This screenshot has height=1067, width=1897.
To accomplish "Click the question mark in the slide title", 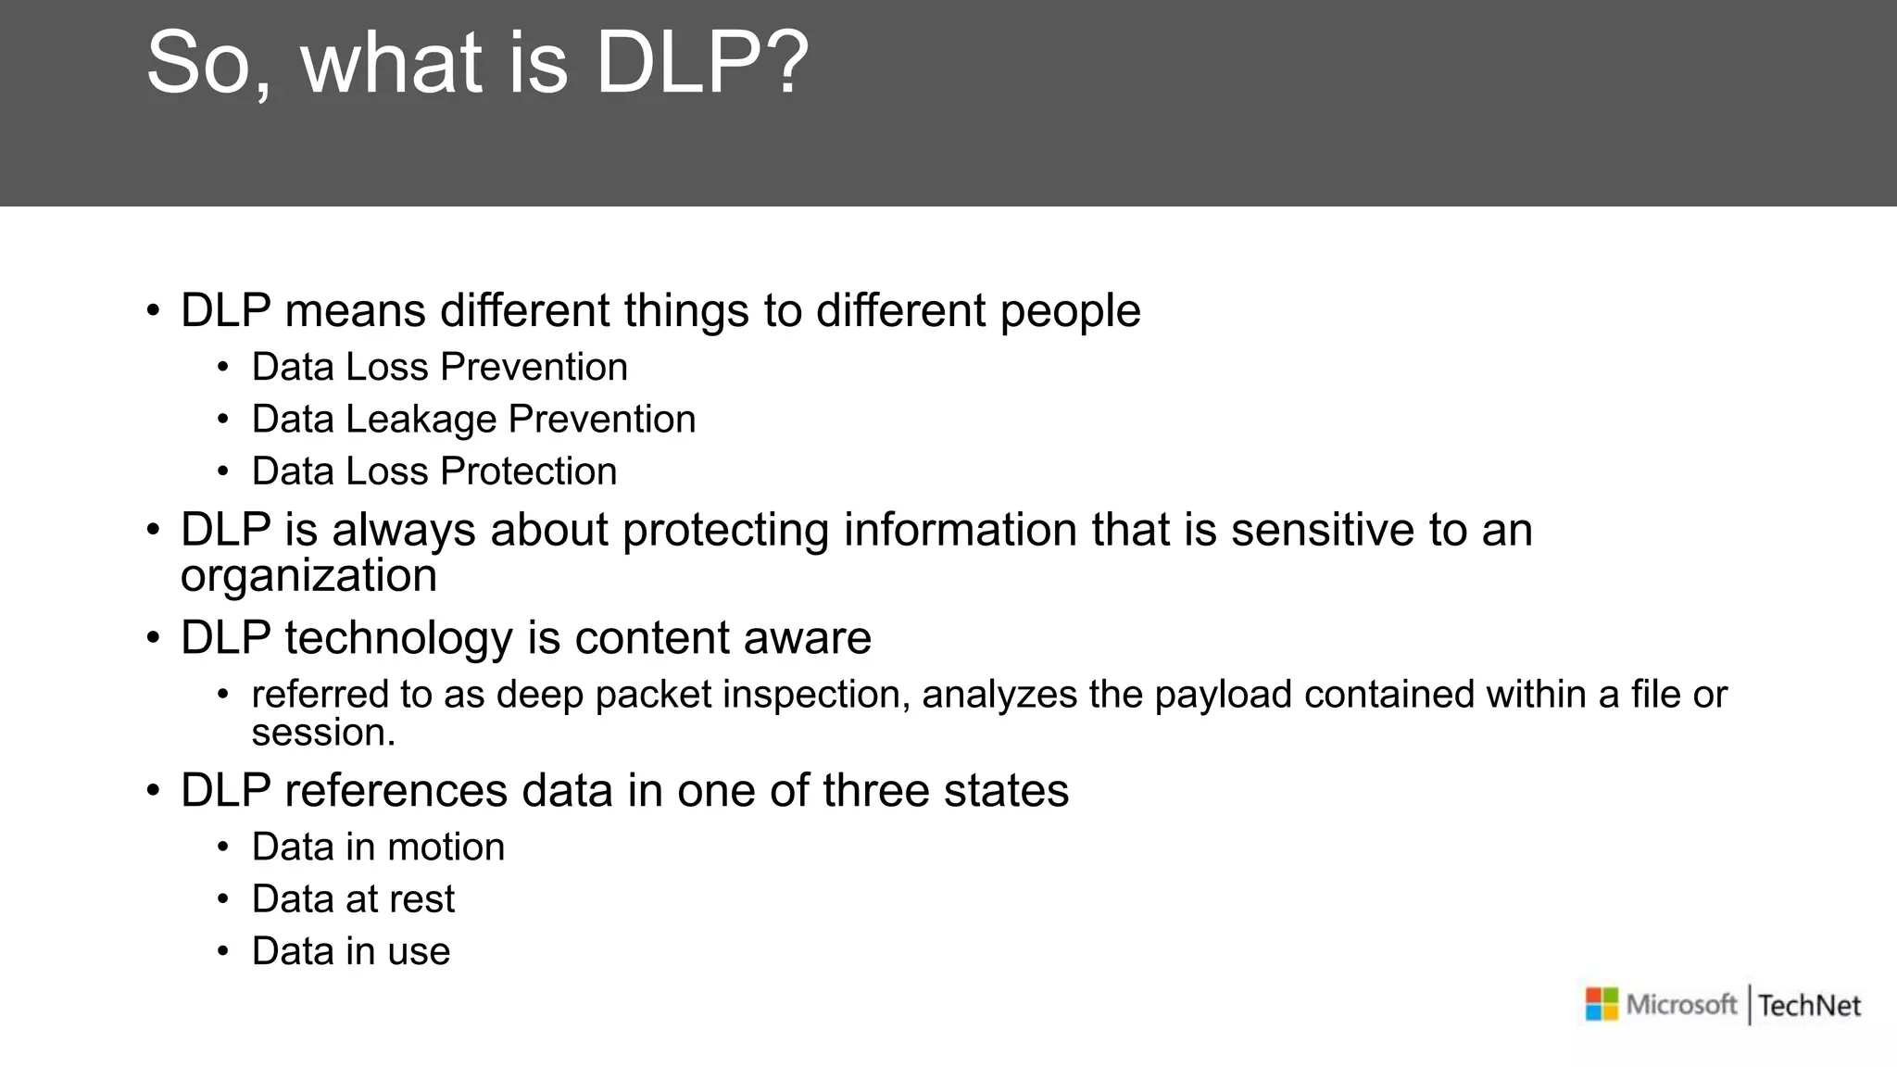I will [x=790, y=63].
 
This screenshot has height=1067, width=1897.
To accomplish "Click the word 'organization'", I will [x=308, y=576].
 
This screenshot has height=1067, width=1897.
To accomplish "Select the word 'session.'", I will [x=323, y=733].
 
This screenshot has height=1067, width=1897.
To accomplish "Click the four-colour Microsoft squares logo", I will [x=1602, y=1004].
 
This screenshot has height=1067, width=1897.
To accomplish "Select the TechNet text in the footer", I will [x=1809, y=1005].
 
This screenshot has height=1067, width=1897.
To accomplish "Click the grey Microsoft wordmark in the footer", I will [x=1681, y=1004].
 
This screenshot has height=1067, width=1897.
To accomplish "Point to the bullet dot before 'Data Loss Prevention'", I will [x=222, y=368].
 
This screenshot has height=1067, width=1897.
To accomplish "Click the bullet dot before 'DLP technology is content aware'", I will [x=153, y=638].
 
